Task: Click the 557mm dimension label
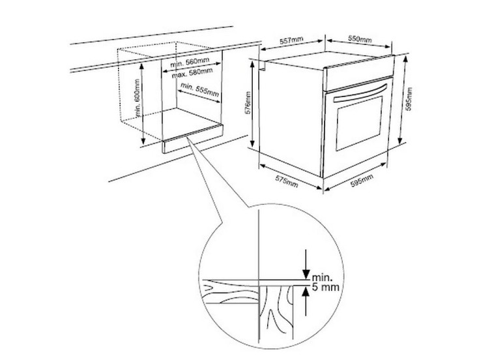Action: click(291, 40)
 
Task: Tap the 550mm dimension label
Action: click(360, 38)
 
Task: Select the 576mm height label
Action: click(248, 103)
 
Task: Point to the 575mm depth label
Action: click(287, 181)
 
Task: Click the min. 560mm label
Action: click(190, 63)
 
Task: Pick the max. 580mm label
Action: click(192, 74)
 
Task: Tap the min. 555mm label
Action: click(199, 89)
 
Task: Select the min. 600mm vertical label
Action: click(137, 98)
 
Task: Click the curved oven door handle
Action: click(360, 93)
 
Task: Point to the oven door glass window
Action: click(359, 123)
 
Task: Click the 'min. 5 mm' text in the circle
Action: click(325, 282)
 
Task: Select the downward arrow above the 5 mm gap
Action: click(305, 264)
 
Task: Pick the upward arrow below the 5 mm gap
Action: click(305, 301)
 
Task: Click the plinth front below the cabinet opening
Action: click(193, 138)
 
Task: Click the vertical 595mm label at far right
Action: click(409, 98)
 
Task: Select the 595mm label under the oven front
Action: click(362, 180)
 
